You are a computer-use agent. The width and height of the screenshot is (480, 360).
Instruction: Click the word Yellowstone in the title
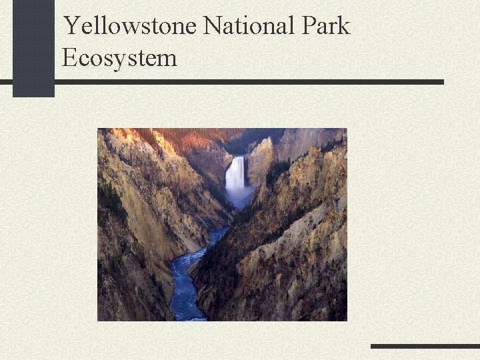coord(131,26)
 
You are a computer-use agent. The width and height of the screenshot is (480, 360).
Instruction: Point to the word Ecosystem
coord(119,57)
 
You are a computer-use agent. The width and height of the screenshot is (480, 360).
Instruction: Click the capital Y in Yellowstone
coord(71,26)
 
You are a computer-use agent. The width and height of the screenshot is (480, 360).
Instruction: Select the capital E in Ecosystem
coord(69,57)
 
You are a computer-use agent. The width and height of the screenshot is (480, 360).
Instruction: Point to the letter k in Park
coord(343,26)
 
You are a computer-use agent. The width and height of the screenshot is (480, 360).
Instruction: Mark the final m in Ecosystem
coord(168,59)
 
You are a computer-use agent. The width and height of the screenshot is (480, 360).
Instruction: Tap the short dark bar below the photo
coord(425,346)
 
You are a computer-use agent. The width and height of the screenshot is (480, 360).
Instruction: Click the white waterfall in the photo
coord(235,175)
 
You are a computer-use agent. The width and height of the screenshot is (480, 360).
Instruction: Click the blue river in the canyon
coord(187,280)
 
